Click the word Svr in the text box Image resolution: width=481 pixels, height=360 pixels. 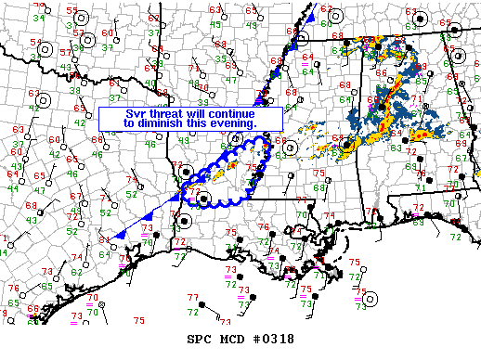136,112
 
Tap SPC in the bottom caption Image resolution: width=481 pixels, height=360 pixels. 201,339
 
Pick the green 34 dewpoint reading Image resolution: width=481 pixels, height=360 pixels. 38,18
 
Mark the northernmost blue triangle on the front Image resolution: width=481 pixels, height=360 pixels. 313,18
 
